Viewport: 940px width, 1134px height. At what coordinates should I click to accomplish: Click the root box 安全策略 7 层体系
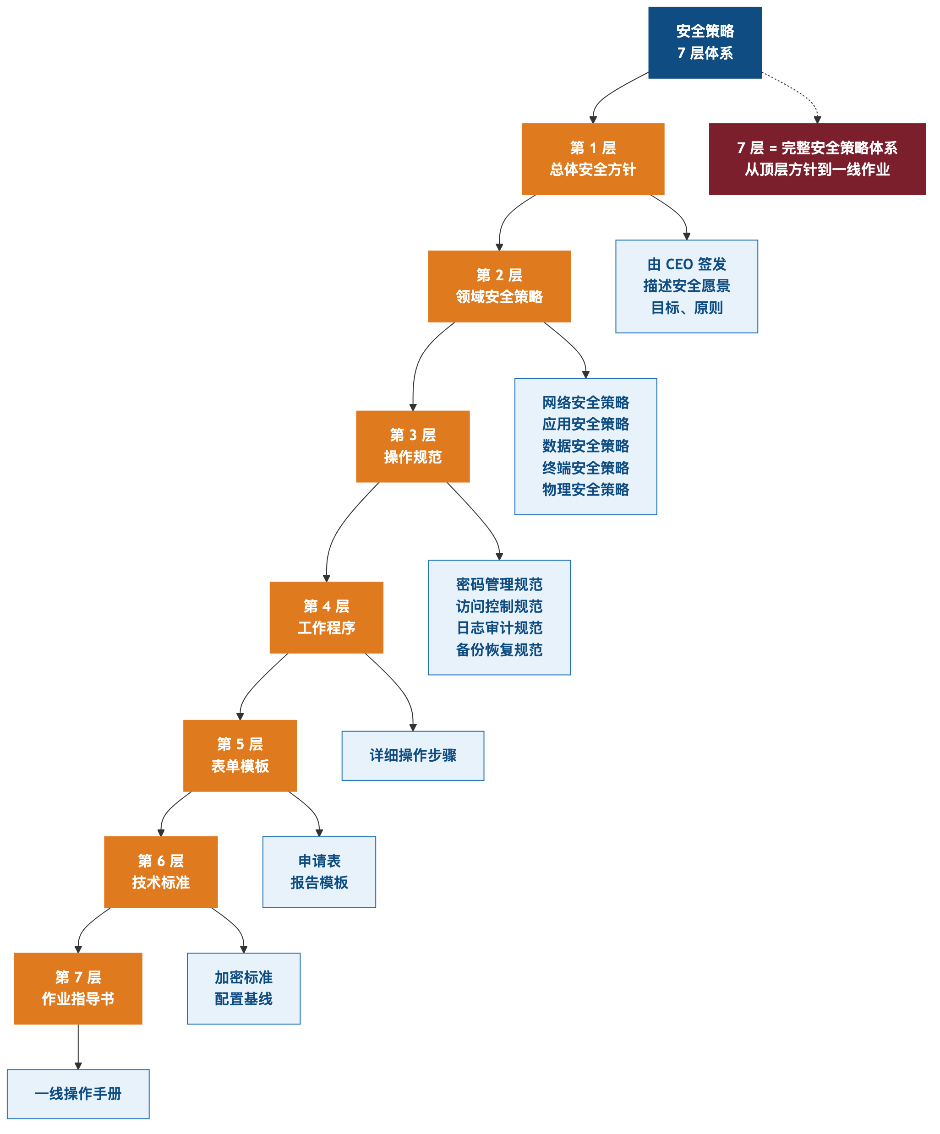[705, 43]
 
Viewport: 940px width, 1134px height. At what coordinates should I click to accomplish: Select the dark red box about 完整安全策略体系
[817, 159]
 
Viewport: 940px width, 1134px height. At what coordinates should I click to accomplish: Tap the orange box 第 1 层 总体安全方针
[593, 159]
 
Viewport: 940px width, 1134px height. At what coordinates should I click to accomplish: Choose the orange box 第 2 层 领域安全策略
[499, 286]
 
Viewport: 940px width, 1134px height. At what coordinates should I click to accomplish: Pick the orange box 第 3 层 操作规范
[413, 446]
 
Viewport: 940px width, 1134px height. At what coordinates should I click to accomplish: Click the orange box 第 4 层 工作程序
[326, 617]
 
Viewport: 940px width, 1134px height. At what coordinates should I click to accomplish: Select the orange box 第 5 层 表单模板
[240, 755]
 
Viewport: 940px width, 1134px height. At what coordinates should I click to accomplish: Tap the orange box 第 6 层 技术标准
[161, 872]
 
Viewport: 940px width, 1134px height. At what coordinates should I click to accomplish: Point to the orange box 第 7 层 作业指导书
[78, 989]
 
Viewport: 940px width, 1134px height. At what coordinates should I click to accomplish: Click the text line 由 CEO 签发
[687, 264]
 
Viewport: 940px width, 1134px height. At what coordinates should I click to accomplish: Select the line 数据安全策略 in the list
[585, 446]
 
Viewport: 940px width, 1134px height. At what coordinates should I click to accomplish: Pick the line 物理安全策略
[585, 490]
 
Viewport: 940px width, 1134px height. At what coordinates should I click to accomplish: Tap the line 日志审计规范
[499, 628]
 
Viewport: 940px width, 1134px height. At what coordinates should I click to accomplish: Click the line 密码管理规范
[499, 584]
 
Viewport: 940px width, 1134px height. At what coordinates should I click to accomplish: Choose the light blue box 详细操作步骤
[413, 755]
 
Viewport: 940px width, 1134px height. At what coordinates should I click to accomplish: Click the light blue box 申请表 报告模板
[319, 872]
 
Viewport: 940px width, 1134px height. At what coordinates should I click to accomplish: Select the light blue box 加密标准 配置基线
[244, 989]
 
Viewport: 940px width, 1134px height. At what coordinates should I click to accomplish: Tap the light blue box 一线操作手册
[78, 1094]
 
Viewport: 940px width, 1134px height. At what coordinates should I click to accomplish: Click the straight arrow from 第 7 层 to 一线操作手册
[78, 1047]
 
